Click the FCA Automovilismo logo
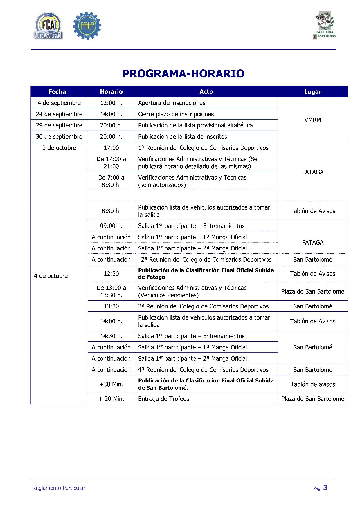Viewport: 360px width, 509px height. [x=48, y=26]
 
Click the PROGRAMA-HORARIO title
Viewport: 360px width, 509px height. [x=183, y=74]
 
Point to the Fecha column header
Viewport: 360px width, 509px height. [x=57, y=92]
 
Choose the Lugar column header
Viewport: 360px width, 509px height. [x=313, y=92]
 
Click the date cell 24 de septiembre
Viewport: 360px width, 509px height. [x=59, y=114]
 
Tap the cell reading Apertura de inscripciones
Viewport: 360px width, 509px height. [x=172, y=103]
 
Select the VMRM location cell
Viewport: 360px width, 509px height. [x=313, y=120]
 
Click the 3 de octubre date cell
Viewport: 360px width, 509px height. [x=59, y=148]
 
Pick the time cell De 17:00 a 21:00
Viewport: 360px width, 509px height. [x=111, y=163]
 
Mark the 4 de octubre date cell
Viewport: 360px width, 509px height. [x=51, y=276]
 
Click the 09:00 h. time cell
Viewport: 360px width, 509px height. [x=111, y=226]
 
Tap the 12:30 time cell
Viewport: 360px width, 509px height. [x=111, y=274]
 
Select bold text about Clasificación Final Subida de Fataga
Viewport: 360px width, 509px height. [x=206, y=274]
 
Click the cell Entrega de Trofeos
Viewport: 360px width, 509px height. [x=164, y=399]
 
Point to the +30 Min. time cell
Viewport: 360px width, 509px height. [x=111, y=384]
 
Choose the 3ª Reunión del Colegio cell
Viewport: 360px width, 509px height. [x=204, y=306]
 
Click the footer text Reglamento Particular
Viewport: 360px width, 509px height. [x=59, y=488]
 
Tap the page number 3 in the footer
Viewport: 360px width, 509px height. [x=325, y=488]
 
